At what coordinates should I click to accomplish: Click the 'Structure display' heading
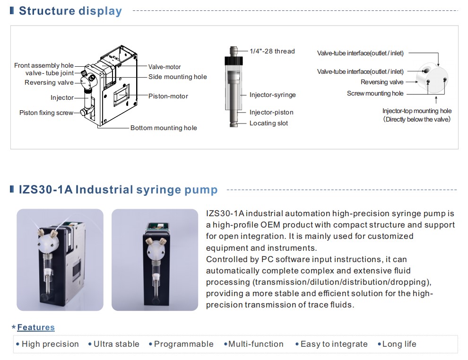[x=70, y=11]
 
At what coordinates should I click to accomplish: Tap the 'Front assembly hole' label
[x=44, y=65]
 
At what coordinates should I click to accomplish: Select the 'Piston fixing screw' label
[x=46, y=113]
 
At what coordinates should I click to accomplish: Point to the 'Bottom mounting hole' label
[x=164, y=128]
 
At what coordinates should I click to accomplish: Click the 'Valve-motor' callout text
[x=165, y=67]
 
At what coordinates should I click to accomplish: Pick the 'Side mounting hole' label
[x=178, y=77]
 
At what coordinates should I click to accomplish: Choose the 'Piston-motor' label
[x=168, y=96]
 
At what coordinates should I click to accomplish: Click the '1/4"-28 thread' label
[x=272, y=51]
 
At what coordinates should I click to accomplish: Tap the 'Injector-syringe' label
[x=272, y=95]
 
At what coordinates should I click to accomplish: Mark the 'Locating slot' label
[x=269, y=123]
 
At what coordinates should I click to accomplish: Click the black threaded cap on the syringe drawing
[x=234, y=61]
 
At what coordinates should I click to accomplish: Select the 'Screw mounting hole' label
[x=375, y=94]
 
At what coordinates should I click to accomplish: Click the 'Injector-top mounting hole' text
[x=417, y=111]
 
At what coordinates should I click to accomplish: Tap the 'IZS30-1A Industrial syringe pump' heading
[x=118, y=190]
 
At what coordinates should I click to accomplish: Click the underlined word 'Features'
[x=36, y=327]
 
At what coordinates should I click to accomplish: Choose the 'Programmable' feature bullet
[x=181, y=344]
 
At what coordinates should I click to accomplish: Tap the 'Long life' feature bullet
[x=397, y=344]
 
